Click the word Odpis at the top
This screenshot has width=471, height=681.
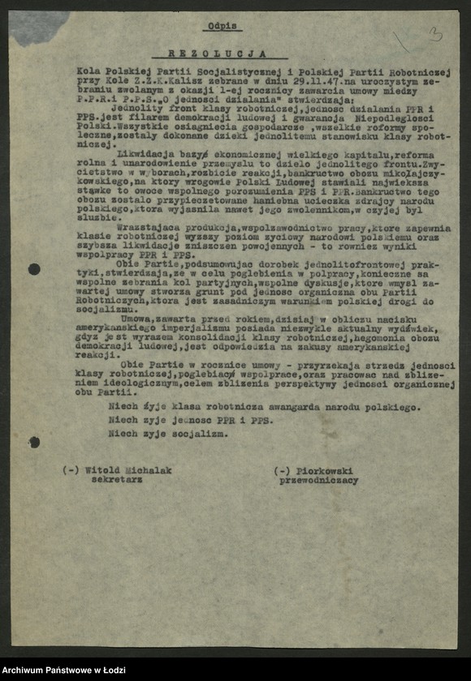pyautogui.click(x=223, y=27)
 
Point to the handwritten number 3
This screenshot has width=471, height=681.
pyautogui.click(x=435, y=34)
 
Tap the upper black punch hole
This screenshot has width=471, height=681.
pyautogui.click(x=34, y=269)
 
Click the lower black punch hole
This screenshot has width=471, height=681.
pyautogui.click(x=34, y=442)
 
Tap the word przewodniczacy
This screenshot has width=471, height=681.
pyautogui.click(x=318, y=481)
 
